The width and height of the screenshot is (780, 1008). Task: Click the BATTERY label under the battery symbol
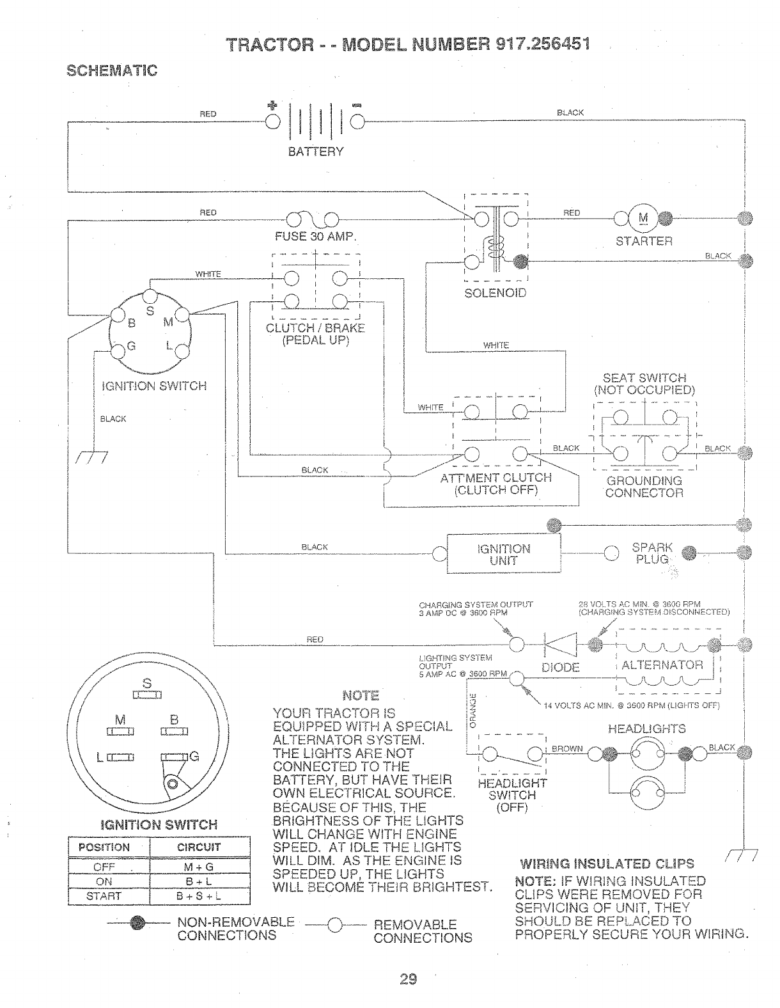tap(316, 152)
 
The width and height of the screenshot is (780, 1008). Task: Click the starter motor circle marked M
tap(643, 219)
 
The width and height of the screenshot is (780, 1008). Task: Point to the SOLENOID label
tap(495, 293)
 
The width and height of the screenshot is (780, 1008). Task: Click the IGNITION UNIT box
tap(503, 554)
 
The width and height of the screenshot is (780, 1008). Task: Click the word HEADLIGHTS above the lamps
tap(646, 728)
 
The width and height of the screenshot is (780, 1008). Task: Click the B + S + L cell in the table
tap(199, 896)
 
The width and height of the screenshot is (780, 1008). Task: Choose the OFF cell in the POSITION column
tap(104, 867)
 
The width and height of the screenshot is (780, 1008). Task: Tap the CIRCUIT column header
tap(199, 847)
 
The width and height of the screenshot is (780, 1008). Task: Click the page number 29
tap(409, 979)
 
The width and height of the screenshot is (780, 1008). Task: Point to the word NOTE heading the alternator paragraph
tap(361, 695)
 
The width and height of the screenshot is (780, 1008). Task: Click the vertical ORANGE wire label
tap(473, 711)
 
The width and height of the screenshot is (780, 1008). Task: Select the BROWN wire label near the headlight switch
tap(566, 748)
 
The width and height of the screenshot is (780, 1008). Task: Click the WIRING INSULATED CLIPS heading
tap(607, 863)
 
